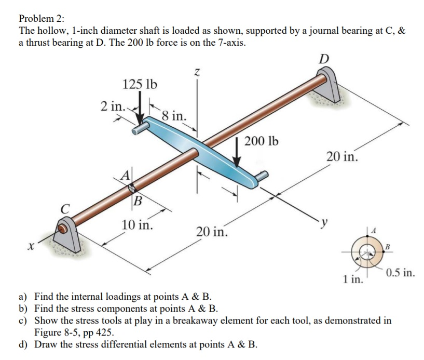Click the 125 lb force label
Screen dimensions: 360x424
coord(140,84)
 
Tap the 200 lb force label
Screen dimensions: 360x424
coord(261,141)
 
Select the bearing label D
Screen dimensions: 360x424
coord(324,58)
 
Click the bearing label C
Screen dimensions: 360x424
coord(64,210)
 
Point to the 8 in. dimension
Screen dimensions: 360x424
coord(174,115)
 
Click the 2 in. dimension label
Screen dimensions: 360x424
coord(113,105)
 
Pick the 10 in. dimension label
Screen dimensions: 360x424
coord(137,225)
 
